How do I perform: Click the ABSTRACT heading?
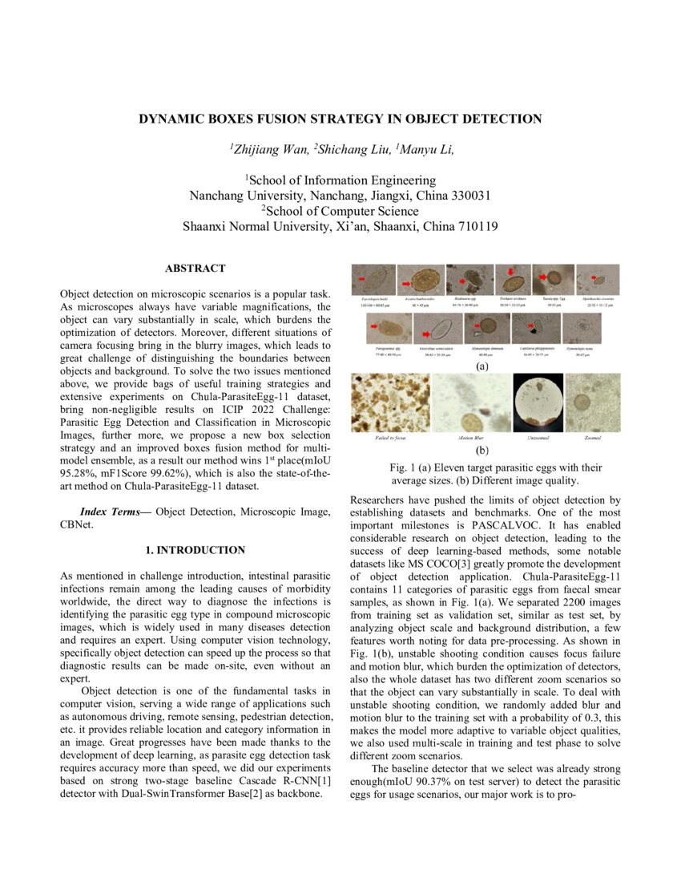pyautogui.click(x=195, y=269)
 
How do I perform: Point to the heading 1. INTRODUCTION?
pyautogui.click(x=195, y=550)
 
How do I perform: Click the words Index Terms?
pyautogui.click(x=114, y=512)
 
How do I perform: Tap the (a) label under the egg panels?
pyautogui.click(x=482, y=366)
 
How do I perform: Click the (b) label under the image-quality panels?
pyautogui.click(x=482, y=451)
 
